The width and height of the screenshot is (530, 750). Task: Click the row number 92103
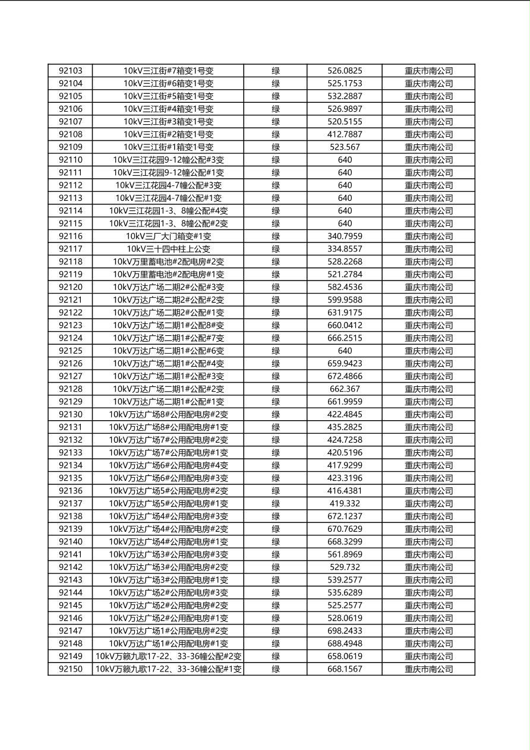71,71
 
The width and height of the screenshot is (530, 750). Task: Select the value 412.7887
345,134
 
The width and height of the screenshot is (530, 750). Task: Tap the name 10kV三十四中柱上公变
168,249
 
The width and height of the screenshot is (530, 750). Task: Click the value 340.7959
345,237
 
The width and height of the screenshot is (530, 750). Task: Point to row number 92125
71,351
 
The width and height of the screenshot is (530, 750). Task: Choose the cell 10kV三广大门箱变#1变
168,237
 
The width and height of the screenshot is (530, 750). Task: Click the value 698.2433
345,631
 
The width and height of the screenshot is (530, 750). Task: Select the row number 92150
71,669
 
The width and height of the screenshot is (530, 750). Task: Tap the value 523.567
345,147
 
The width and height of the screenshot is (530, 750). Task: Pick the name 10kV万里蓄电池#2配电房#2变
168,261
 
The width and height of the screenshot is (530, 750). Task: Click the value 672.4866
345,376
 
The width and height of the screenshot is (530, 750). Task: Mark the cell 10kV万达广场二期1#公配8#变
168,326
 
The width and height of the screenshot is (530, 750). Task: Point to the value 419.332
345,503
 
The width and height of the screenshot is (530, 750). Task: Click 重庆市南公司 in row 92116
428,237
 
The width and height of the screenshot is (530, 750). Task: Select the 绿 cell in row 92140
276,542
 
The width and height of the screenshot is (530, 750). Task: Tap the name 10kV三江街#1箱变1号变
168,147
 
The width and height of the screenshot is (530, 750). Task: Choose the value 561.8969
345,554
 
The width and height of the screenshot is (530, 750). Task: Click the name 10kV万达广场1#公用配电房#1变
168,644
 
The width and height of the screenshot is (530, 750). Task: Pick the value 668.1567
345,669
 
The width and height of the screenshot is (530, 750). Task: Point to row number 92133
71,453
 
